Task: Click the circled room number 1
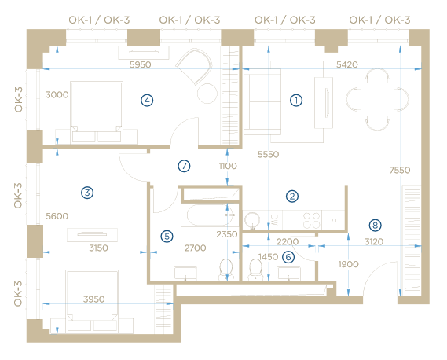(x=296, y=101)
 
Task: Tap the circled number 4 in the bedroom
(x=147, y=101)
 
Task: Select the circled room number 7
(x=184, y=166)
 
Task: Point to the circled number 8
(x=375, y=226)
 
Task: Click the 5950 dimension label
(x=141, y=64)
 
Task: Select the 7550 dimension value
(x=400, y=170)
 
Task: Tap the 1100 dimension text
(x=228, y=166)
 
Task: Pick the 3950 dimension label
(x=93, y=299)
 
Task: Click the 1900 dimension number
(x=348, y=264)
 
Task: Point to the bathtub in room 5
(x=211, y=215)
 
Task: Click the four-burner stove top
(x=312, y=220)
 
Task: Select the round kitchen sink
(x=252, y=220)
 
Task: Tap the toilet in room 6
(x=255, y=270)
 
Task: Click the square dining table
(x=377, y=99)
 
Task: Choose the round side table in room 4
(x=207, y=94)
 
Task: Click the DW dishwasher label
(x=273, y=220)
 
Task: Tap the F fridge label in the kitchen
(x=332, y=220)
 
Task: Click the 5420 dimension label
(x=347, y=64)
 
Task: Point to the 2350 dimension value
(x=226, y=234)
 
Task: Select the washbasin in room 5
(x=185, y=274)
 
